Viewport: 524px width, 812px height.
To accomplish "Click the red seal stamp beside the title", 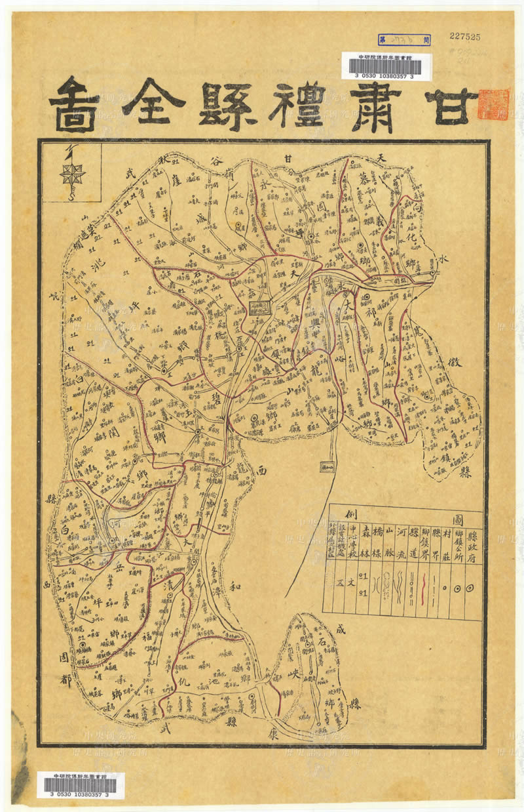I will tap(493, 104).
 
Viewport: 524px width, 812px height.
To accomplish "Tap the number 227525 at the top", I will tap(465, 37).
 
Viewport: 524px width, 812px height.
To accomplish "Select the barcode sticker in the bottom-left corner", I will tap(81, 785).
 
